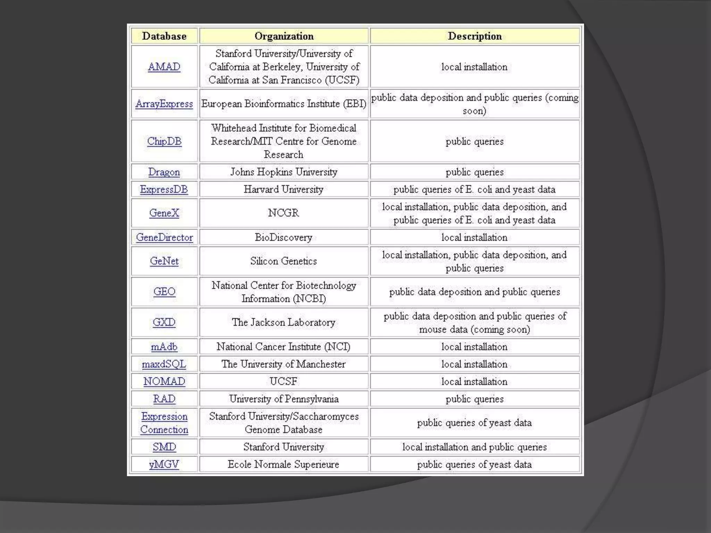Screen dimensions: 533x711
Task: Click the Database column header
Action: [x=164, y=36]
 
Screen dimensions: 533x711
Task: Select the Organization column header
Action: [x=284, y=36]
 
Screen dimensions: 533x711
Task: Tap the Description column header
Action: [x=475, y=36]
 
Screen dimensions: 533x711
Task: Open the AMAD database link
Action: [x=164, y=67]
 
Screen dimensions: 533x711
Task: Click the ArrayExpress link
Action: [x=164, y=104]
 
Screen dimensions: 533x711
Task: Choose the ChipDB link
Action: [x=164, y=141]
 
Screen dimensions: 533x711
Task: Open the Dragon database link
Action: [x=164, y=172]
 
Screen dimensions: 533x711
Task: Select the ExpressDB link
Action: [x=164, y=189]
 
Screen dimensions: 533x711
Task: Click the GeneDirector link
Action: [x=164, y=237]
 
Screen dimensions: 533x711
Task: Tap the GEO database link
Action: [x=164, y=291]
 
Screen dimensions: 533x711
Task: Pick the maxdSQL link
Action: [x=164, y=364]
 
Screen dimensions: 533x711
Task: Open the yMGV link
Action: [x=164, y=464]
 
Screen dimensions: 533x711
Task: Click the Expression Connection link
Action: [x=164, y=423]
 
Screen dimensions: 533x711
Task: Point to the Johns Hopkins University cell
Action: [x=284, y=172]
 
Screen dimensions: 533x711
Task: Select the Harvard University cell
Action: [x=284, y=189]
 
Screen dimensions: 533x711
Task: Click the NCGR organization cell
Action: [x=284, y=213]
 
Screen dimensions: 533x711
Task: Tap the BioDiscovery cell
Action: [x=284, y=237]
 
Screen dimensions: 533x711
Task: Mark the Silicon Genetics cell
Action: [x=284, y=261]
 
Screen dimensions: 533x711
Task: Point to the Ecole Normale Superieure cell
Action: [x=284, y=464]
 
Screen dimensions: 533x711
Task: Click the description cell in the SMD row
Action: [x=475, y=447]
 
